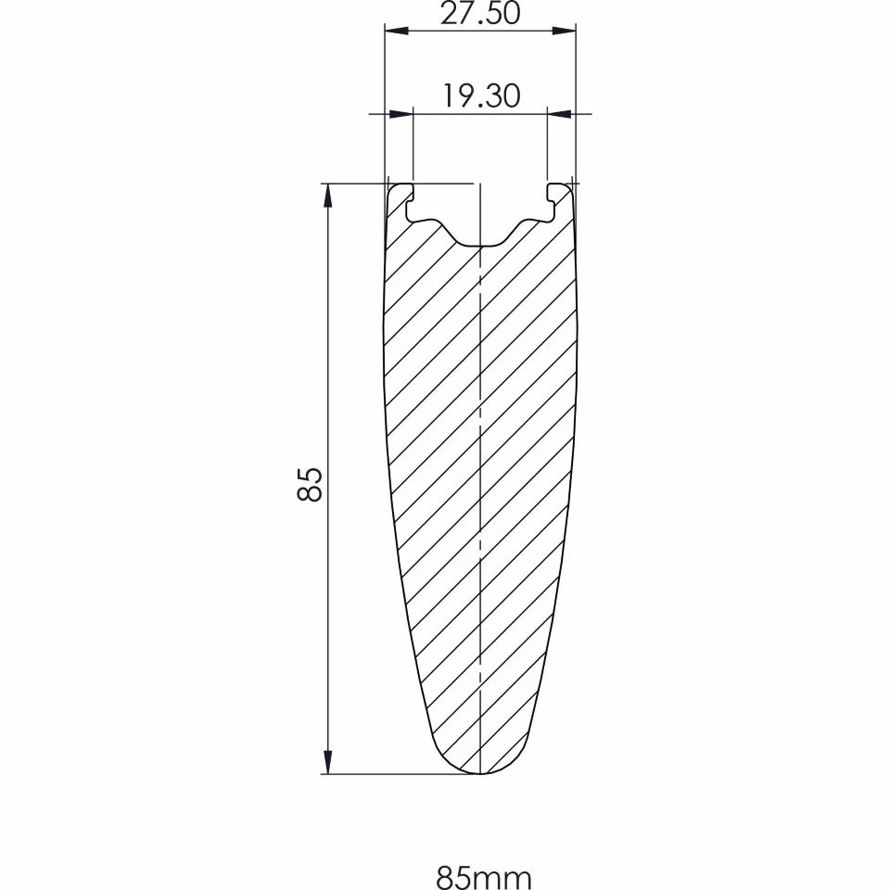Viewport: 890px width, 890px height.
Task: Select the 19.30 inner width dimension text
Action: pos(481,96)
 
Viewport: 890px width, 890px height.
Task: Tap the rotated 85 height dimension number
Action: pos(310,484)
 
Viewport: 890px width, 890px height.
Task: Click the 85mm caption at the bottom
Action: pos(484,878)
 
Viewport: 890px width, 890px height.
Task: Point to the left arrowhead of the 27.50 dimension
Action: pos(398,30)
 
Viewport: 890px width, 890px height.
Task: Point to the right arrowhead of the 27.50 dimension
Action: pos(564,30)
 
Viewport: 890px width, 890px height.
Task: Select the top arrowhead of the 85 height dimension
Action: pos(327,197)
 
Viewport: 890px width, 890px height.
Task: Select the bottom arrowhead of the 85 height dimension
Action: pos(327,761)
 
